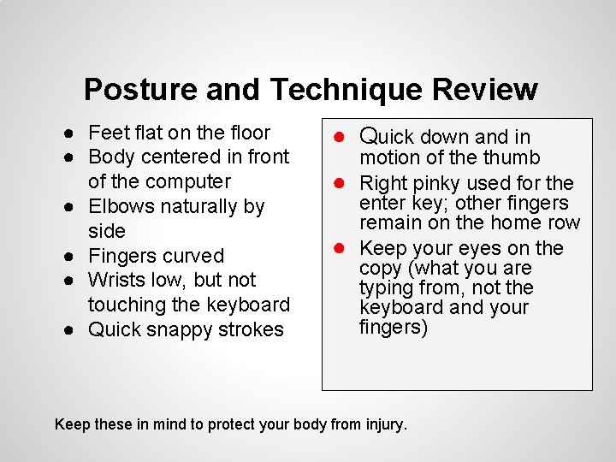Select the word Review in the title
pyautogui.click(x=485, y=89)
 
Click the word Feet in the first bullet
pyautogui.click(x=108, y=133)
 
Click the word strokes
pyautogui.click(x=252, y=329)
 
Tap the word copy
pyautogui.click(x=381, y=268)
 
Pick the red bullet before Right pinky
pyautogui.click(x=340, y=183)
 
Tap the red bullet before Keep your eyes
pyautogui.click(x=340, y=248)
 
